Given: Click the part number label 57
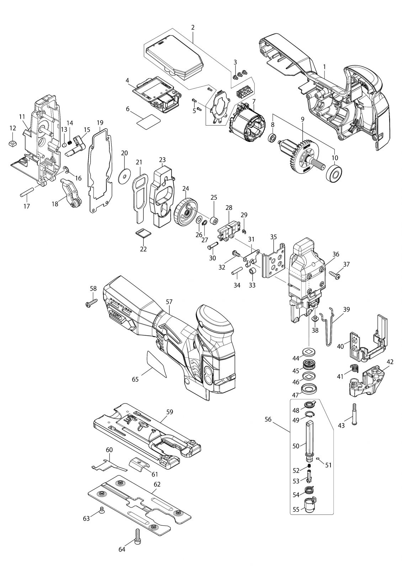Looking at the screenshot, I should click(169, 302).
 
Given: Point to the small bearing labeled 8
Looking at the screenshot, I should click(273, 138).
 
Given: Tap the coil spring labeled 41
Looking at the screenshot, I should click(353, 370).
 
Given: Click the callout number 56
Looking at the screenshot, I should click(268, 419).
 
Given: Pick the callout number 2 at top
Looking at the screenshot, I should click(192, 27).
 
